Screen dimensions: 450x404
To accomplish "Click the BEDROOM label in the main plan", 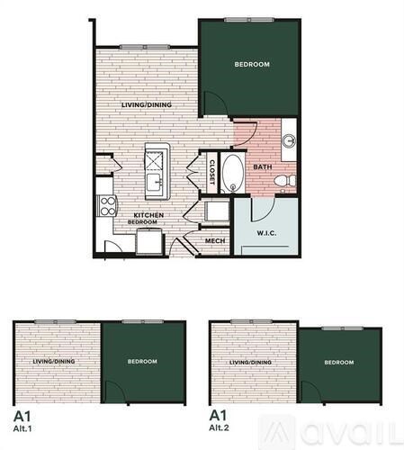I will coord(253,64).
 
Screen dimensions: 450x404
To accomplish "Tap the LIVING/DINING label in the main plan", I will coord(148,104).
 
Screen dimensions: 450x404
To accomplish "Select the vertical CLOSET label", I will coord(212,172).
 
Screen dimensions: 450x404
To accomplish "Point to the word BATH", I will coord(263,166).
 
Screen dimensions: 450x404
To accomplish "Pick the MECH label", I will coord(214,241).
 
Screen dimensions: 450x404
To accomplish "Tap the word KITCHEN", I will coord(148,215).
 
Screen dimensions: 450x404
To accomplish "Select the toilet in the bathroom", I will coord(285,182).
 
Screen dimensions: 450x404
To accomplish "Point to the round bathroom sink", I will coord(290,140).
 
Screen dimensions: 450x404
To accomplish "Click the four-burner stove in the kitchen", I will coord(105,205).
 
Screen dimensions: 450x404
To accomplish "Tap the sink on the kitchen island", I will coord(157,183).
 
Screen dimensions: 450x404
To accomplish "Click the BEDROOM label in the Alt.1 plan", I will coord(141,361).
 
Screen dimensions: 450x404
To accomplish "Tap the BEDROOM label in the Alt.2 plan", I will coord(338,363).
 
